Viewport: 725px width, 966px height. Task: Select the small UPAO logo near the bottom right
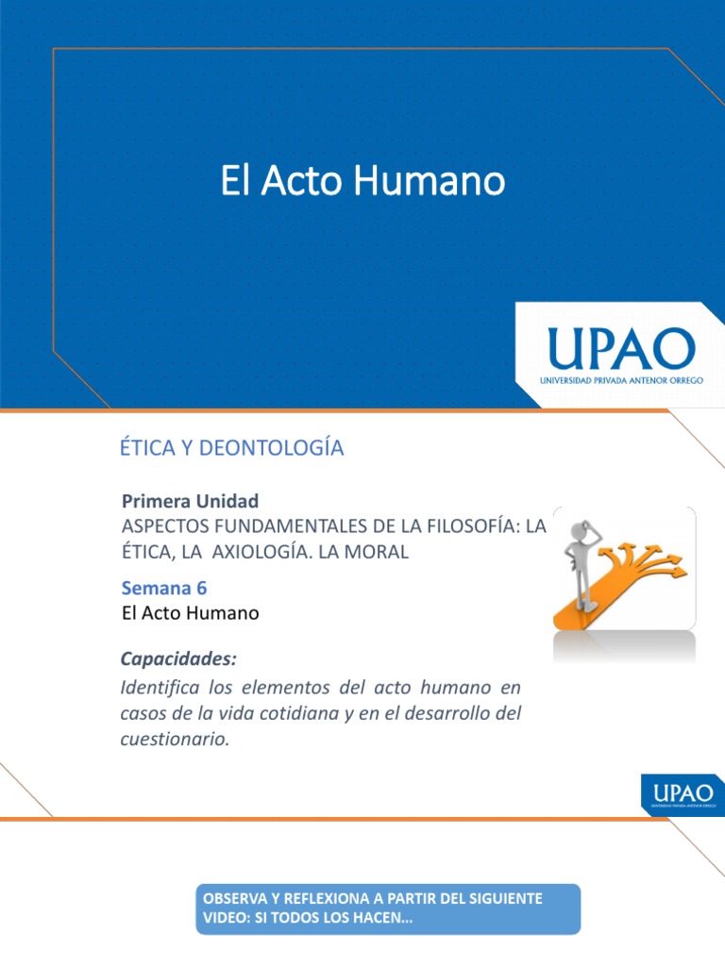pos(683,793)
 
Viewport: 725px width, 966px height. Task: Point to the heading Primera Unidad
pos(191,500)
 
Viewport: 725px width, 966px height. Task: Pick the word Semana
pos(156,588)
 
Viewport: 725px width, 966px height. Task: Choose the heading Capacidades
pos(179,658)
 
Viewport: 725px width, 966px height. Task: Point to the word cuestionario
pos(176,740)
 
